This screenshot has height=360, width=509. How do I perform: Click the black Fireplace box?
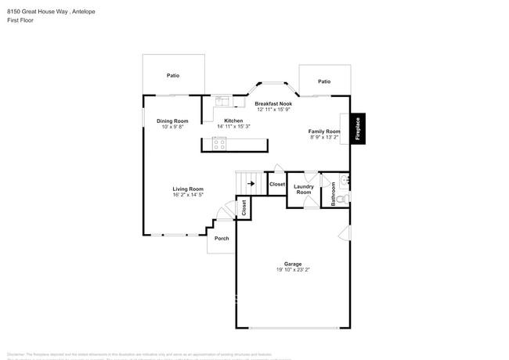(358, 129)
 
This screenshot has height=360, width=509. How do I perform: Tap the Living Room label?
(188, 189)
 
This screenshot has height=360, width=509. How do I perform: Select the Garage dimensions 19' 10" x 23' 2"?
(294, 270)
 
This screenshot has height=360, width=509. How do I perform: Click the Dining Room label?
(172, 121)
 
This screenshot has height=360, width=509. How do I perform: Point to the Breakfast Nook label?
(273, 103)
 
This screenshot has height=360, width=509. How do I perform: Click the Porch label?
(222, 238)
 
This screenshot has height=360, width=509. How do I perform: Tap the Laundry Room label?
(304, 189)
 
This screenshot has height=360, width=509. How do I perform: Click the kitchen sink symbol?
(222, 100)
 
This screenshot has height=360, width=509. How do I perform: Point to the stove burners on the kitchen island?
(220, 144)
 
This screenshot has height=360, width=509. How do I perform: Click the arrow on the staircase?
(251, 184)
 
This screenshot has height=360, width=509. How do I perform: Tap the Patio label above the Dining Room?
(173, 75)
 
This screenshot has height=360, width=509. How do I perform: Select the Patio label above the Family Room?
(324, 81)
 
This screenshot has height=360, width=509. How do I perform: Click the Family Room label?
(324, 131)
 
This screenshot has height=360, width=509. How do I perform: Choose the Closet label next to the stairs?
(277, 185)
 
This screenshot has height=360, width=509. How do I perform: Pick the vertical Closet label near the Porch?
(244, 207)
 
